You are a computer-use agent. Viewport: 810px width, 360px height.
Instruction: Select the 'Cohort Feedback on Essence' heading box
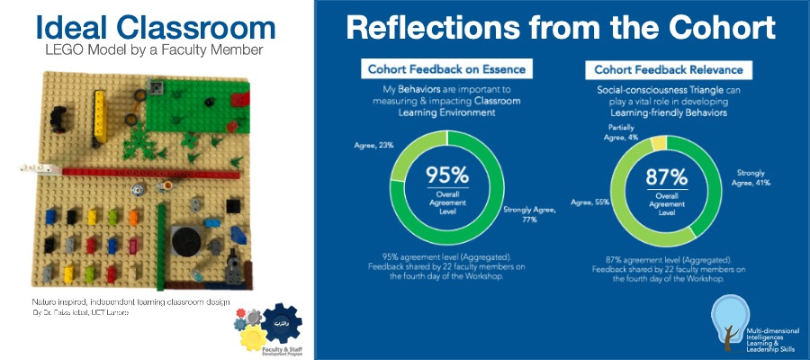(445, 69)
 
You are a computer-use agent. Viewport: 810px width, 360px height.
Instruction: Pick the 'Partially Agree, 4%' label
(620, 133)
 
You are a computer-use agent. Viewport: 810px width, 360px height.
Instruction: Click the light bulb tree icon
(726, 323)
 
